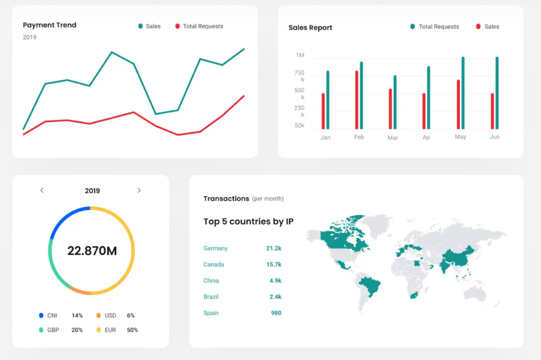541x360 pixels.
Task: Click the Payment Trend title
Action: (50, 25)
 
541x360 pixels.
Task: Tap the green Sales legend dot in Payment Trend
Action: (140, 26)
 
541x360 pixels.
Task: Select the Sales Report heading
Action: (310, 28)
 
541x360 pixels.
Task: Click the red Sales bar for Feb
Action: (356, 100)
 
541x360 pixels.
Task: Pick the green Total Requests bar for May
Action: (463, 93)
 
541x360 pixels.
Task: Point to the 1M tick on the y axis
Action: (300, 55)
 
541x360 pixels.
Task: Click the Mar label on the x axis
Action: (393, 138)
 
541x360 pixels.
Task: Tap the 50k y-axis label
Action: (299, 126)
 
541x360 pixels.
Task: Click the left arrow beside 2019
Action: (42, 190)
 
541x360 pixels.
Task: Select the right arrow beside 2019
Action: (139, 190)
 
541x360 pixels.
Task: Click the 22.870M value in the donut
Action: (92, 251)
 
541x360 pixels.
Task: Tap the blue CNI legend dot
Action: (41, 316)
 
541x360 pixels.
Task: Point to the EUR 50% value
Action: (132, 330)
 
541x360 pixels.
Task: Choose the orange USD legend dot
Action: (99, 316)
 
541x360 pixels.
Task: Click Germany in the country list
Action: (216, 249)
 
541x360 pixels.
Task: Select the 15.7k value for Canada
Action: (274, 265)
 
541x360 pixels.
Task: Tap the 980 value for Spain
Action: (276, 313)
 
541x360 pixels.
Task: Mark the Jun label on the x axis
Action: (495, 137)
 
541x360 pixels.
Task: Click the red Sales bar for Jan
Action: (323, 111)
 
